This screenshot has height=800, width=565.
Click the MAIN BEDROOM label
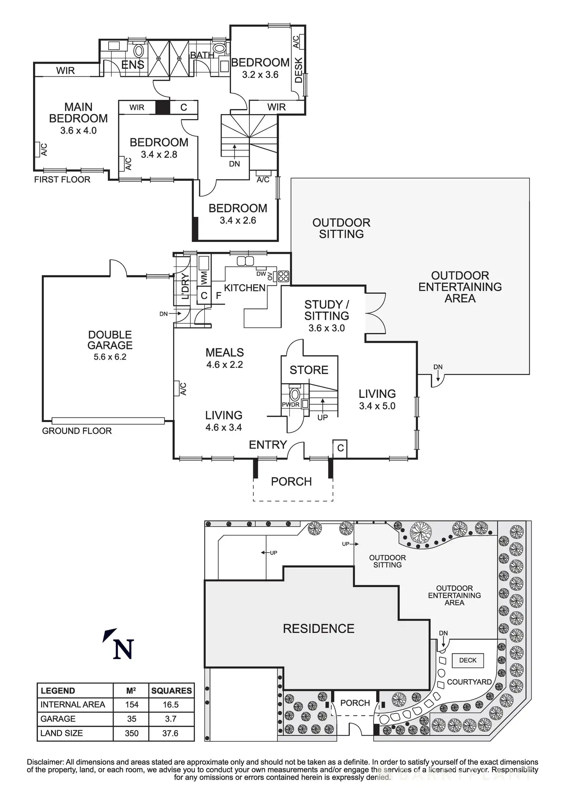click(78, 113)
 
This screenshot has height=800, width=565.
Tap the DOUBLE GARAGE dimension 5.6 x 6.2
click(110, 357)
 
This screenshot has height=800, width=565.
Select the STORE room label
click(309, 370)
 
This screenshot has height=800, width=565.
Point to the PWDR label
click(291, 405)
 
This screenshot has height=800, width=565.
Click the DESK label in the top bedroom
click(299, 70)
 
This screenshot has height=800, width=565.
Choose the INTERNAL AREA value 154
click(132, 704)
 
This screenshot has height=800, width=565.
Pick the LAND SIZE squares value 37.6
click(170, 733)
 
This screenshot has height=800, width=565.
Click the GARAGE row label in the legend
click(58, 719)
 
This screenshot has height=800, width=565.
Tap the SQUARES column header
click(171, 691)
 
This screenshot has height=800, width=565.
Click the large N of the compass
click(123, 649)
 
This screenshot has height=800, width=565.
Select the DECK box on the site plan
click(468, 660)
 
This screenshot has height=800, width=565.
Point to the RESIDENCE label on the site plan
click(319, 629)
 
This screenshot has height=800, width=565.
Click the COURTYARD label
click(469, 682)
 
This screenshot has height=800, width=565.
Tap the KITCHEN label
click(245, 288)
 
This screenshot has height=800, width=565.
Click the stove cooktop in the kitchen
click(284, 276)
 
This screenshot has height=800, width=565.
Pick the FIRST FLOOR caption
click(62, 179)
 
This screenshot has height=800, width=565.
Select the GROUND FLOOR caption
click(77, 431)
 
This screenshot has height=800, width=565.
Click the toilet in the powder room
click(295, 395)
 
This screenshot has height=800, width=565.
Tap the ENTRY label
click(268, 445)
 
